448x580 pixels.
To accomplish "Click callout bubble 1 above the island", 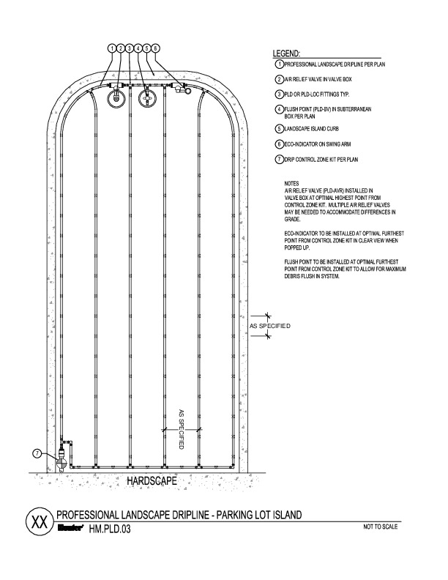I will click(112, 48).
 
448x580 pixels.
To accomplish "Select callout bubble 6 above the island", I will click(155, 48).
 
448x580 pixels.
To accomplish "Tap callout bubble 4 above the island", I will click(138, 48).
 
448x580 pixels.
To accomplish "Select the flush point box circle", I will click(149, 97).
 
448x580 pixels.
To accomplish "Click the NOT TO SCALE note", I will click(382, 527).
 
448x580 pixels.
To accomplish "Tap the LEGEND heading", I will click(286, 54).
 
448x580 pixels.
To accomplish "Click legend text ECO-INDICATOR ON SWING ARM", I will click(321, 144).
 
